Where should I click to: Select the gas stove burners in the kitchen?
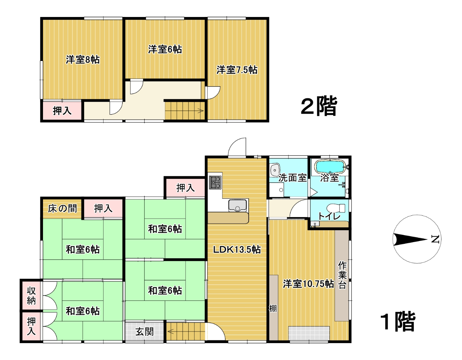(x=215, y=182)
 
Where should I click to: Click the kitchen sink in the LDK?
(x=237, y=205)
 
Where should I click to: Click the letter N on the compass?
(x=435, y=239)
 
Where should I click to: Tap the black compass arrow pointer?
(x=410, y=240)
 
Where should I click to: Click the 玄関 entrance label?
(x=145, y=332)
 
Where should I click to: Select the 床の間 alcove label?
(x=62, y=208)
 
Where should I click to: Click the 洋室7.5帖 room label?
(x=237, y=70)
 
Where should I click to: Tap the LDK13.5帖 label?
(x=237, y=250)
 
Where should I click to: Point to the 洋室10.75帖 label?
(x=308, y=284)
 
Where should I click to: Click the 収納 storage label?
(x=31, y=296)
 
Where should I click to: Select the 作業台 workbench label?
(x=342, y=275)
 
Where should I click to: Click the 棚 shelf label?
(x=273, y=308)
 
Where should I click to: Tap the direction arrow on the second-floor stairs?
(x=200, y=111)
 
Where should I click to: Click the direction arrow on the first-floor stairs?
(x=170, y=331)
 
